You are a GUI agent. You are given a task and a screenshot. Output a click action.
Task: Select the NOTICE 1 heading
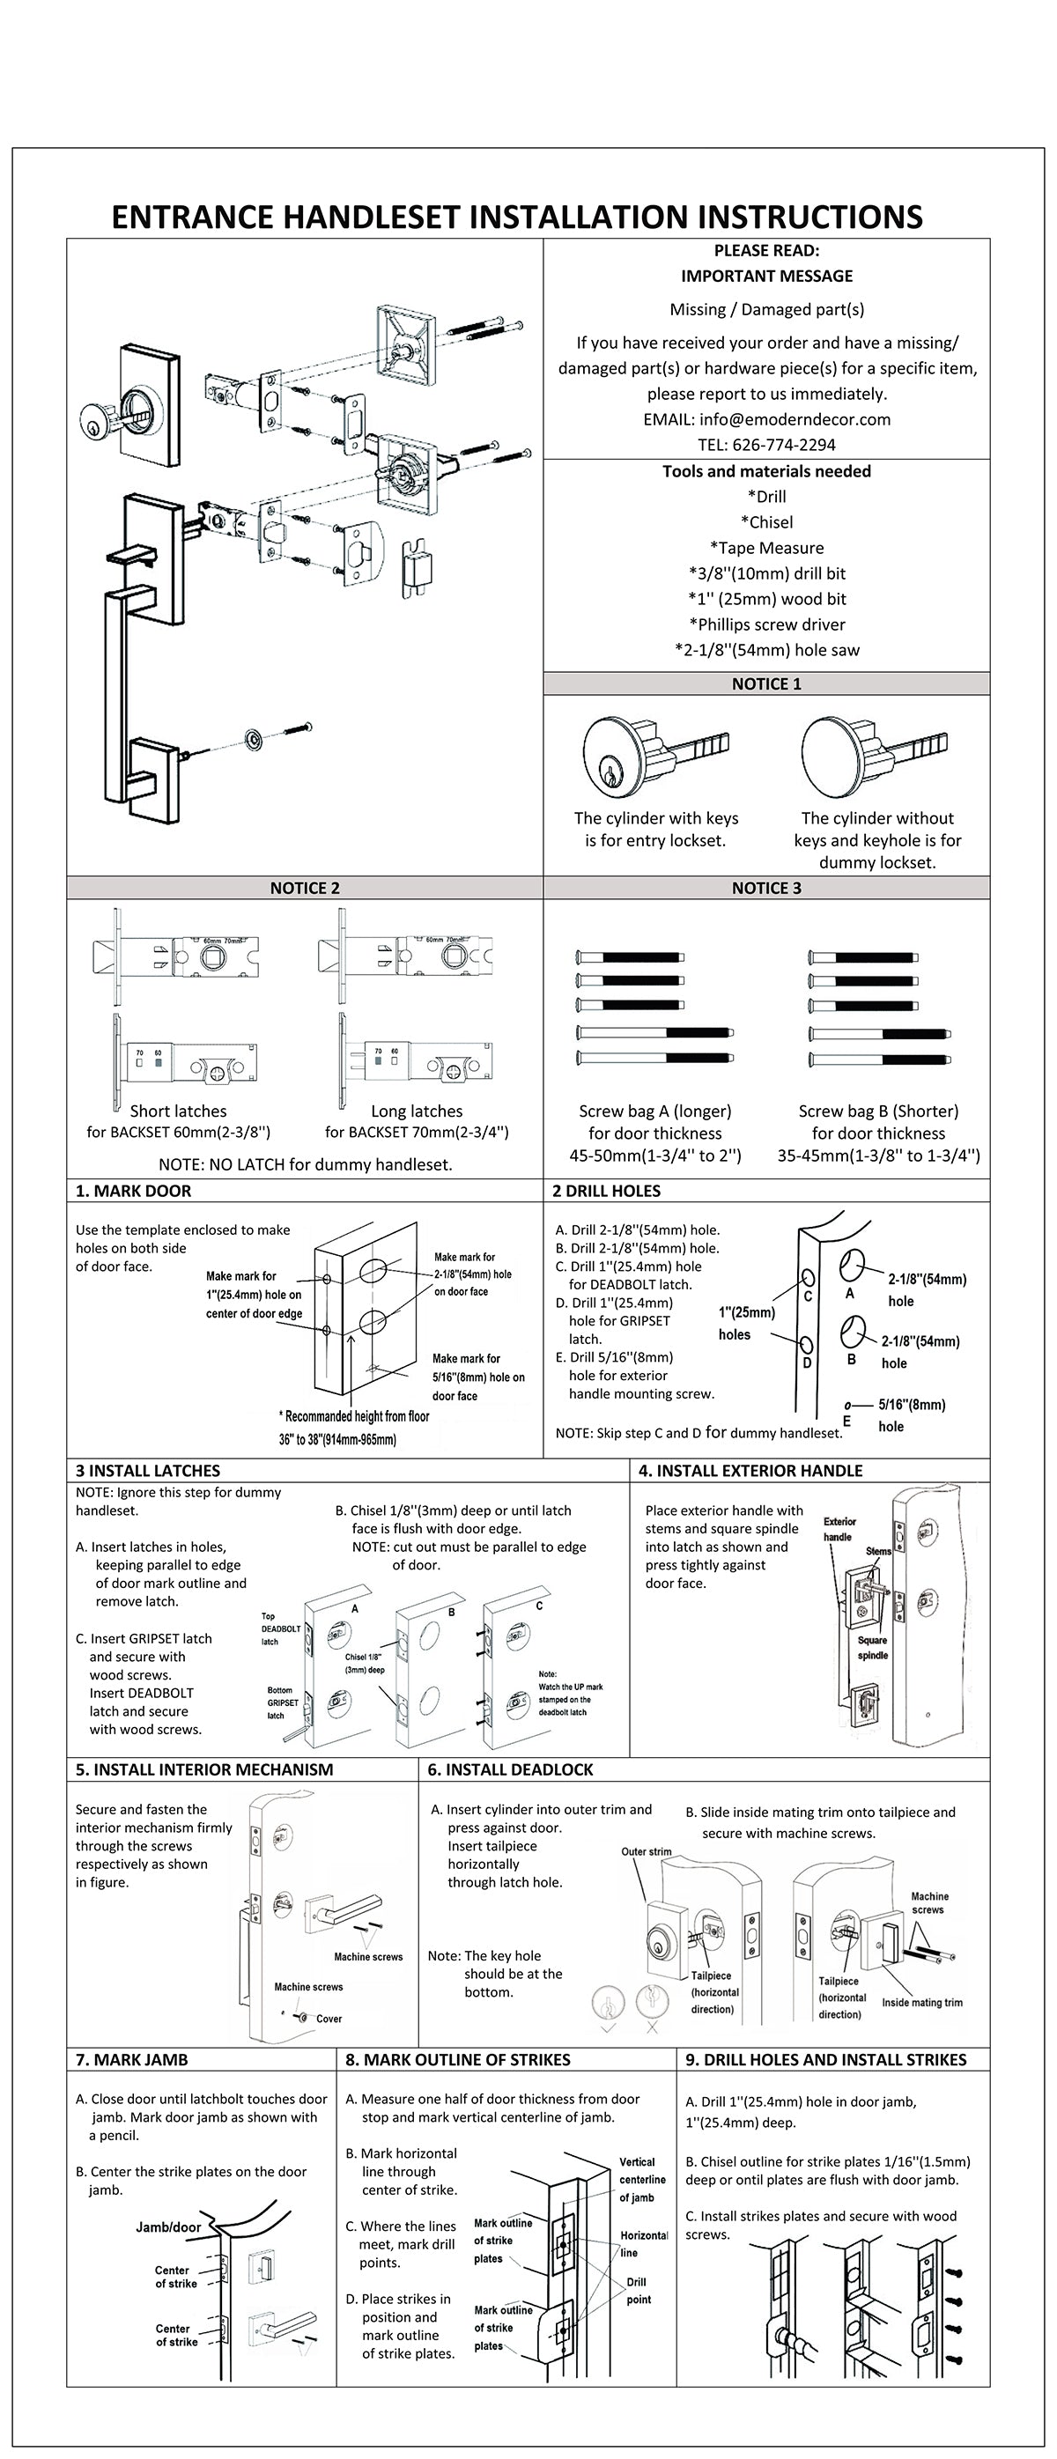pos(766,683)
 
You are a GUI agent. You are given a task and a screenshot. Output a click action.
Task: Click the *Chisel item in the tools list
pos(766,522)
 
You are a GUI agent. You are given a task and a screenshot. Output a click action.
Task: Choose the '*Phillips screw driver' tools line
pos(766,624)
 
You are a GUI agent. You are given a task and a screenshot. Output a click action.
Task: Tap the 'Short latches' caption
pos(179,1111)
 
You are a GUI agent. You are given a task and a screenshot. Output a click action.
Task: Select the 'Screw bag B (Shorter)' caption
pos(878,1111)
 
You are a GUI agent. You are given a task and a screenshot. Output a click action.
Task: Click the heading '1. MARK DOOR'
pos(134,1191)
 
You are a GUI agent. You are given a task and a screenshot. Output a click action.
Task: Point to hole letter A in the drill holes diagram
pos(850,1294)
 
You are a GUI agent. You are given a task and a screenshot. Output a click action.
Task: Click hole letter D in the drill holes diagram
pos(807,1362)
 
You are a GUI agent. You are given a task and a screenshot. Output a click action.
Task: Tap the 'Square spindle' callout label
pos(872,1648)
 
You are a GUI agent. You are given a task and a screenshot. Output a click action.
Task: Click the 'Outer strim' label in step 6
pos(647,1852)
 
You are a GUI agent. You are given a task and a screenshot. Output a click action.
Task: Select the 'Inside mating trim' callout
pos(921,2003)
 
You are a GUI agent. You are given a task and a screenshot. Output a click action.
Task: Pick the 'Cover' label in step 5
pos(329,2019)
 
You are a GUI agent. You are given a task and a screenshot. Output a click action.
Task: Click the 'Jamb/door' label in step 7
pos(168,2227)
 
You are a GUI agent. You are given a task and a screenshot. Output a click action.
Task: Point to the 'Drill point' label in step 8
pos(638,2291)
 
